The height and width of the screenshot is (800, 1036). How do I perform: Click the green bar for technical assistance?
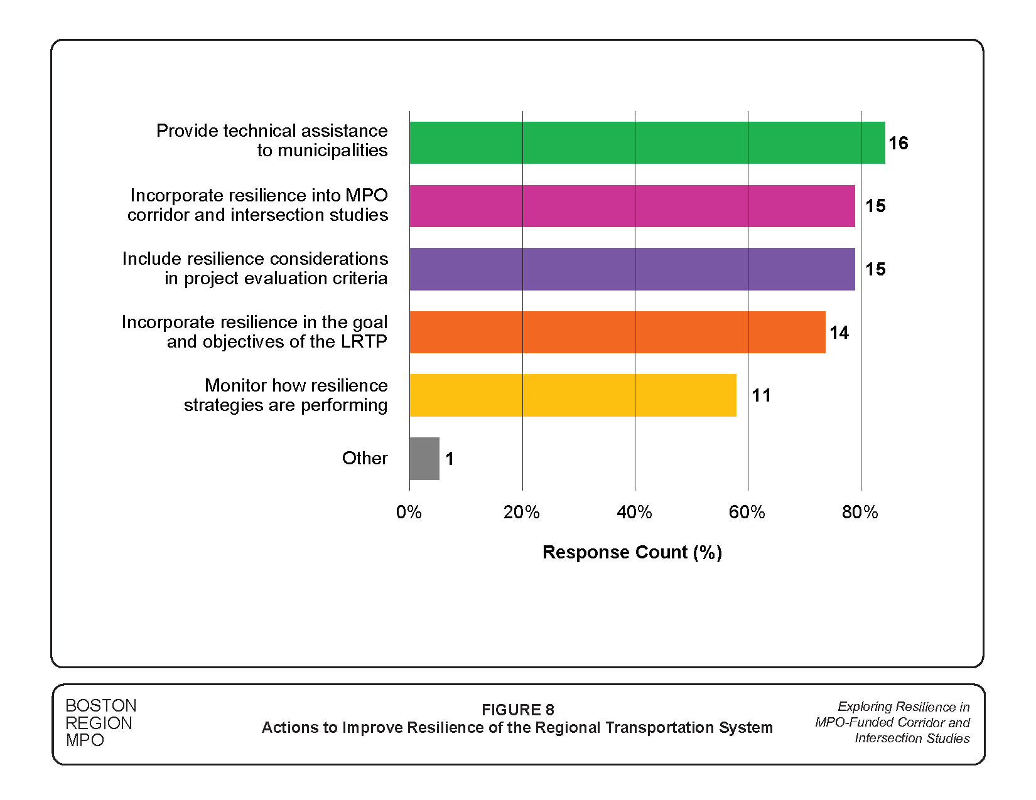[647, 143]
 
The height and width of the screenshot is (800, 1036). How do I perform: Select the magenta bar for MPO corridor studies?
[632, 206]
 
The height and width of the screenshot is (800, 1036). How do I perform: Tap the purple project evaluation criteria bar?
[632, 269]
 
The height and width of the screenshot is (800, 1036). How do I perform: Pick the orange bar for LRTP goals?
[617, 333]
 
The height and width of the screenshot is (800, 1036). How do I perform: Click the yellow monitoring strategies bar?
[573, 395]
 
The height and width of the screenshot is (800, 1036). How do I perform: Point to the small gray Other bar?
[424, 459]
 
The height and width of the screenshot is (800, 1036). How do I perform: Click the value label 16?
[898, 143]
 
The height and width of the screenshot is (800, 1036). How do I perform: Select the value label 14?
[839, 333]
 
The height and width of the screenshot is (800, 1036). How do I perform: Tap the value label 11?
[761, 395]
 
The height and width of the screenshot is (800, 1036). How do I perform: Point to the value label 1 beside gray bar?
[450, 459]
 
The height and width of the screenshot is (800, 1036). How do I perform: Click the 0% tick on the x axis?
[409, 513]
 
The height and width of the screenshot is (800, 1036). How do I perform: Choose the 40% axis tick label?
[634, 513]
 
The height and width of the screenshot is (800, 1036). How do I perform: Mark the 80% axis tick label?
[860, 513]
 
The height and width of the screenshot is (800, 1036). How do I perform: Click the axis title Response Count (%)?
[632, 552]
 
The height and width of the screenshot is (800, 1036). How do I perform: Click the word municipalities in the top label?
[333, 151]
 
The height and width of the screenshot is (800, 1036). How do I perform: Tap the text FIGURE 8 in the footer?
[517, 710]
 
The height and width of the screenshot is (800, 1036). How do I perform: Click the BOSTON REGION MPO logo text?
[100, 723]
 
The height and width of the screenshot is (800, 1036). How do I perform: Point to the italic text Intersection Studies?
[912, 739]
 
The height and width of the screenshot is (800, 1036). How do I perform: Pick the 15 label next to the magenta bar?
[875, 206]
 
